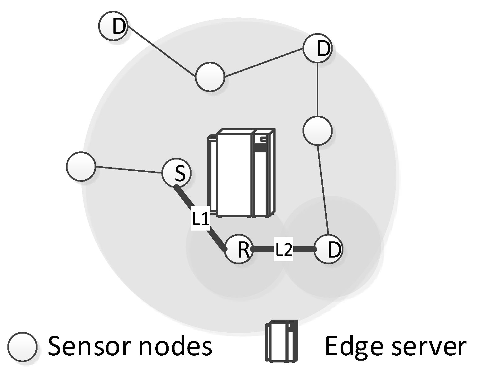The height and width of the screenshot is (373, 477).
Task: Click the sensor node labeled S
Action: (176, 173)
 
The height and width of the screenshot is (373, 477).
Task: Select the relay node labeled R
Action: (239, 249)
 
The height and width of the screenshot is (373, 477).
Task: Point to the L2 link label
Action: (284, 250)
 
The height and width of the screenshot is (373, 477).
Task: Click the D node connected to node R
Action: (329, 249)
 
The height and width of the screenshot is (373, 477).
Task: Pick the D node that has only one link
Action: (113, 26)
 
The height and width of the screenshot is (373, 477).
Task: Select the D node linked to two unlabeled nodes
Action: (317, 48)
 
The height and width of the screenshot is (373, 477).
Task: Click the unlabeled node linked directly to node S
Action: (81, 166)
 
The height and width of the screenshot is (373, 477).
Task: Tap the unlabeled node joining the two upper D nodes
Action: (210, 77)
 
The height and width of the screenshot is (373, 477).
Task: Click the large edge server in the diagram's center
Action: (241, 173)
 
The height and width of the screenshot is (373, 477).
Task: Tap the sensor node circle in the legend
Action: (23, 347)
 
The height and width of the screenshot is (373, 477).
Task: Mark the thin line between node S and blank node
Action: (129, 170)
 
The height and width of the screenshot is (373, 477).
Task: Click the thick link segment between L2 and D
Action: (304, 249)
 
